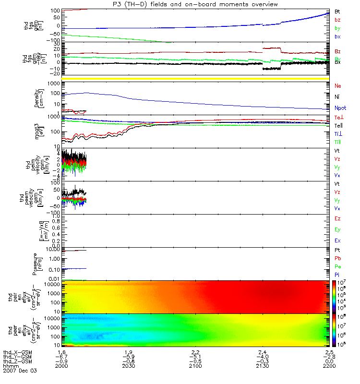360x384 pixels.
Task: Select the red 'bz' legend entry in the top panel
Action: point(337,20)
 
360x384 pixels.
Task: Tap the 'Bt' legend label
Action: point(337,11)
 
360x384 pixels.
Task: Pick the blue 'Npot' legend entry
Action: point(340,108)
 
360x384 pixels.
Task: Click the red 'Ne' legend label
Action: point(338,86)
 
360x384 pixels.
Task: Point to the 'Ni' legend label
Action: point(337,97)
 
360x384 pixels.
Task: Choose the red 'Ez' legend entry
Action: point(337,218)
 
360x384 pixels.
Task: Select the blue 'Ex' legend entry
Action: point(337,240)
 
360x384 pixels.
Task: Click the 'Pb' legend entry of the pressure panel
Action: point(338,259)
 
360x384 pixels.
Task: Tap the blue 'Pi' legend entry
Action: point(337,274)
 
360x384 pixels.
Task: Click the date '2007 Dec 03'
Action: point(20,371)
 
